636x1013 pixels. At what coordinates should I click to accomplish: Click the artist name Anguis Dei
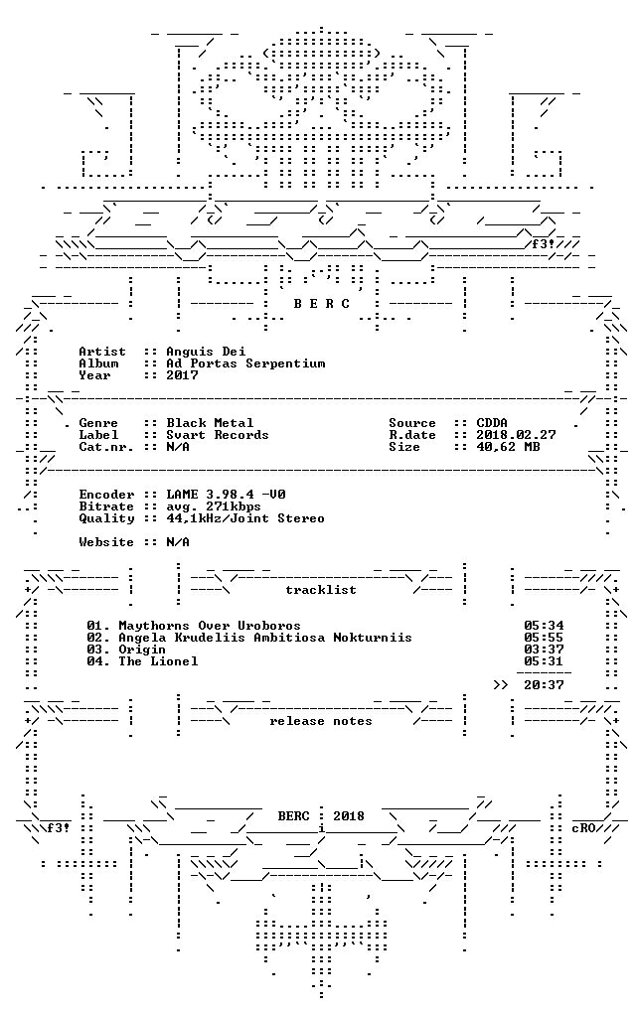click(206, 352)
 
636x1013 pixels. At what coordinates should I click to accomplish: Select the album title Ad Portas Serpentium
click(245, 363)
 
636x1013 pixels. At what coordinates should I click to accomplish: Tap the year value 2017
click(182, 375)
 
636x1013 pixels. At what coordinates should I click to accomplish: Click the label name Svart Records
click(218, 435)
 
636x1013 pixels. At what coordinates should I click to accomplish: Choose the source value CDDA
click(492, 423)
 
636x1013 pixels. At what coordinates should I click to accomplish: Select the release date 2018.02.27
click(516, 435)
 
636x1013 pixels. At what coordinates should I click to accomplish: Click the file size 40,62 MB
click(508, 447)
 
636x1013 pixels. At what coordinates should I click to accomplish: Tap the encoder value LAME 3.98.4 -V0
click(226, 495)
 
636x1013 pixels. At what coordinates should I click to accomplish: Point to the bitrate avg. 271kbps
click(214, 506)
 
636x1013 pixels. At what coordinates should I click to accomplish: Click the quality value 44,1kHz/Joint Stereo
click(245, 518)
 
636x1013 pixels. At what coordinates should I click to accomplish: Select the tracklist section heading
click(321, 590)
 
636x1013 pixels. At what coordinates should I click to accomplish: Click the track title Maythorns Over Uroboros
click(210, 626)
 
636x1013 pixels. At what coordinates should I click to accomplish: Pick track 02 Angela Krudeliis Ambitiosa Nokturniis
click(249, 638)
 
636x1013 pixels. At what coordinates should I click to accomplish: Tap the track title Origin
click(142, 650)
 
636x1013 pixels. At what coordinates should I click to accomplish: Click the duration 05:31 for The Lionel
click(544, 660)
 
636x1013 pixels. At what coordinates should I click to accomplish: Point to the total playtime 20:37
click(544, 685)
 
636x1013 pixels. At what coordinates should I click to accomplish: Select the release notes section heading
click(321, 721)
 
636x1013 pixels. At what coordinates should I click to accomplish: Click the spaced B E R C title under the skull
click(321, 304)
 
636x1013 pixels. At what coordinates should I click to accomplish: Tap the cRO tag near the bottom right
click(583, 828)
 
